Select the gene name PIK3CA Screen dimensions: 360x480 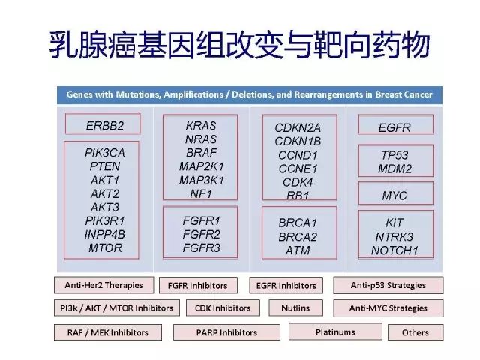[x=105, y=153]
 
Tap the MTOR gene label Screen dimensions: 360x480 [x=105, y=247]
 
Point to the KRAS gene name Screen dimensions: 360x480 [x=200, y=125]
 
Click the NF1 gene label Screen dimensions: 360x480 [x=200, y=193]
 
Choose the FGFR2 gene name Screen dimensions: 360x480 [x=200, y=234]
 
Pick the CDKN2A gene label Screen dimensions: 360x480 [x=298, y=127]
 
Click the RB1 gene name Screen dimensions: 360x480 [x=298, y=195]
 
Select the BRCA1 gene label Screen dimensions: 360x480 [x=298, y=223]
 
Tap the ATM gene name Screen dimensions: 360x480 [x=298, y=250]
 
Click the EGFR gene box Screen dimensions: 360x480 [x=394, y=127]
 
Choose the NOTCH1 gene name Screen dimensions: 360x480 [x=394, y=250]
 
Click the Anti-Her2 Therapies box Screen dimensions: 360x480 [x=103, y=285]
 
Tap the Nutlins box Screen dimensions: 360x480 [x=295, y=307]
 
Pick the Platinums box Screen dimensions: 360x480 [x=335, y=331]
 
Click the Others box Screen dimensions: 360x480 [x=415, y=332]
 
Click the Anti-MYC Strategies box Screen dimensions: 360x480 [x=388, y=307]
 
